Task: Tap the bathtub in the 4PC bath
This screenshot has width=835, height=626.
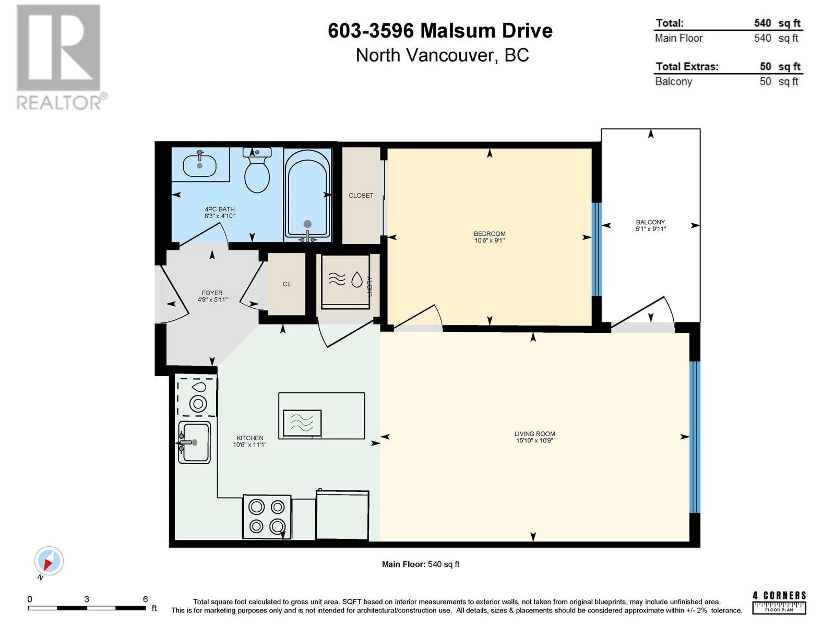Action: tap(307, 195)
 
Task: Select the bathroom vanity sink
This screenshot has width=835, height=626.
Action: tap(200, 164)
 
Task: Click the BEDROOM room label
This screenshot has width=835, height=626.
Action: tap(489, 233)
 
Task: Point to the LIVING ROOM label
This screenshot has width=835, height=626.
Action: tap(534, 434)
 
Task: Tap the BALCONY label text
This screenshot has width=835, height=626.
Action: tap(650, 222)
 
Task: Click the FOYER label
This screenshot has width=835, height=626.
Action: tap(212, 293)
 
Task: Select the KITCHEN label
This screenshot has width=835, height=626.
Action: tap(249, 438)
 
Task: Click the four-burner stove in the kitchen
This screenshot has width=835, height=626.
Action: tap(267, 516)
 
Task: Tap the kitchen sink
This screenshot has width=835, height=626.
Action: tap(194, 442)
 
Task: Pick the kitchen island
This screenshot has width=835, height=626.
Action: tap(321, 416)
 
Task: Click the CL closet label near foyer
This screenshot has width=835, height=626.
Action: tap(287, 284)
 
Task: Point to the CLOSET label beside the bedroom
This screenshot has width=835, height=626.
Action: tap(361, 195)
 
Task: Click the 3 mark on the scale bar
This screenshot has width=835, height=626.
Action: tap(87, 599)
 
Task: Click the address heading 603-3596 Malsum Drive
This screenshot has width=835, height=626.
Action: tap(440, 30)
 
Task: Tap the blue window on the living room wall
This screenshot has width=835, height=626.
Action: tap(695, 437)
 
